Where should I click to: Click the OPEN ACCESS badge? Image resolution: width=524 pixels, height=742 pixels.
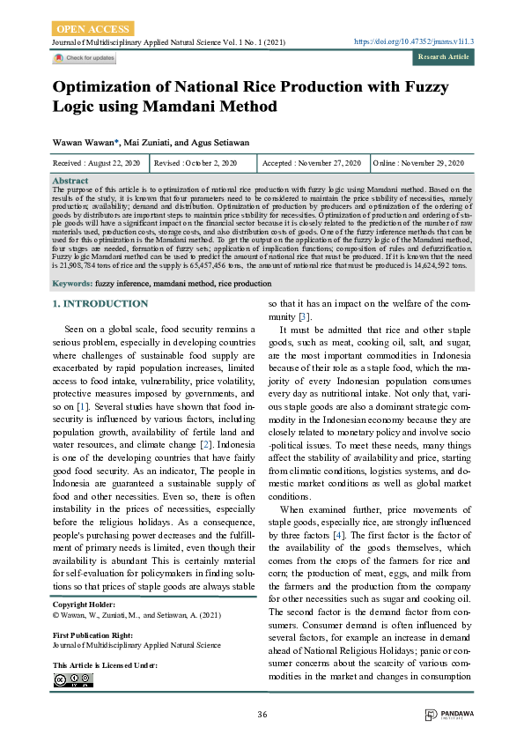coord(94,28)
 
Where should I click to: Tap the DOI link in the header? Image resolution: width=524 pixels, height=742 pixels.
coord(414,41)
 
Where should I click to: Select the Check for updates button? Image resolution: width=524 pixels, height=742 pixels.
coord(84,58)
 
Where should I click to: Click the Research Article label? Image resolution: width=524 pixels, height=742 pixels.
coord(443,57)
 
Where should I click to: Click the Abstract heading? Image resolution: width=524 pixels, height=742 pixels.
coord(70,180)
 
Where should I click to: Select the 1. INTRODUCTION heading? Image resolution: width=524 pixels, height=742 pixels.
coord(100,304)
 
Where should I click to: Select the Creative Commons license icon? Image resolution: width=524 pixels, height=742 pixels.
coord(72,679)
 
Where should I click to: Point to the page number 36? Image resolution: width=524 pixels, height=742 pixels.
coord(262,713)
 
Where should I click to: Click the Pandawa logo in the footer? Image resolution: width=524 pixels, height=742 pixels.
coord(447,715)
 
